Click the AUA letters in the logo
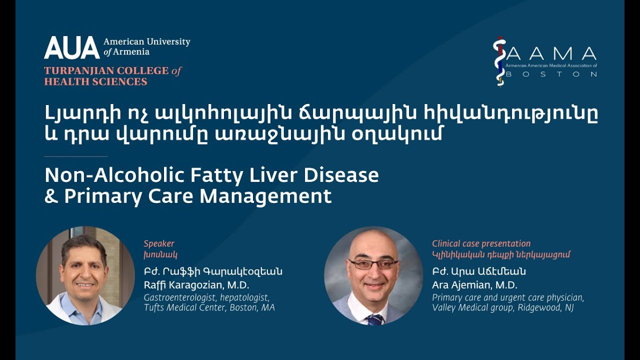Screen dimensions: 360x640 (x=71, y=47)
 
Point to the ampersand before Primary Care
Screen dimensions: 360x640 (x=51, y=196)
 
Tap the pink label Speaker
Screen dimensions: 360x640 (x=159, y=243)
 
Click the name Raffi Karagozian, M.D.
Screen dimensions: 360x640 (x=196, y=285)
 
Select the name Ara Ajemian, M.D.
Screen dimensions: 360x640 (x=474, y=285)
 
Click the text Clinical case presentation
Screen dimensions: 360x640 (x=481, y=243)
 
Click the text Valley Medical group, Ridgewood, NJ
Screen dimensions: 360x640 (x=502, y=307)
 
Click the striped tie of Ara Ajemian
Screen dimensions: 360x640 (x=374, y=319)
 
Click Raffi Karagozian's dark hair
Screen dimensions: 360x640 (x=84, y=244)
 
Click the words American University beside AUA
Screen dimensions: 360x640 (x=146, y=42)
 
